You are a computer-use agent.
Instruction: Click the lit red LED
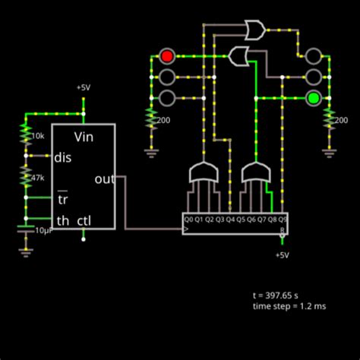pyautogui.click(x=167, y=55)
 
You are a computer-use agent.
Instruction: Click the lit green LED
pyautogui.click(x=313, y=97)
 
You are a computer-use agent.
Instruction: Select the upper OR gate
pyautogui.click(x=254, y=30)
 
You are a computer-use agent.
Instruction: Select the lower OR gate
pyautogui.click(x=239, y=55)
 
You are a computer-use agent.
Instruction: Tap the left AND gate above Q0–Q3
pyautogui.click(x=204, y=174)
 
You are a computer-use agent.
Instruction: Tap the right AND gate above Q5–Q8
pyautogui.click(x=256, y=174)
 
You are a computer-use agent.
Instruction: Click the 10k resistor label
pyautogui.click(x=37, y=136)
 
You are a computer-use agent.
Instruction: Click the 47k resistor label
pyautogui.click(x=37, y=178)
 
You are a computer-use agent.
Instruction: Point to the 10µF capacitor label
pyautogui.click(x=43, y=229)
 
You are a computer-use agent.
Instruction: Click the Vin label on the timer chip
pyautogui.click(x=84, y=137)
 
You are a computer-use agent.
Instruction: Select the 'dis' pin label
pyautogui.click(x=62, y=158)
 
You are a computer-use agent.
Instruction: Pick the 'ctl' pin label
pyautogui.click(x=84, y=221)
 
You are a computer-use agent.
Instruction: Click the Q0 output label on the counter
pyautogui.click(x=188, y=219)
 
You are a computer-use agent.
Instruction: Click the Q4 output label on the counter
pyautogui.click(x=230, y=219)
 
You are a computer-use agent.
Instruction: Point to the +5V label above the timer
pyautogui.click(x=84, y=87)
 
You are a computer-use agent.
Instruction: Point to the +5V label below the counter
pyautogui.click(x=282, y=255)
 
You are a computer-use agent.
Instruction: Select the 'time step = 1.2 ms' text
pyautogui.click(x=289, y=305)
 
